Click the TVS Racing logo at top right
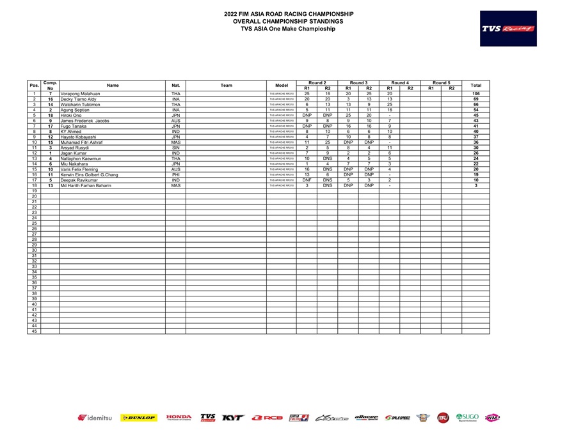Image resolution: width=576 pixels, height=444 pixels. (x=509, y=29)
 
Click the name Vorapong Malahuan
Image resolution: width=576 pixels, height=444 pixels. (x=80, y=94)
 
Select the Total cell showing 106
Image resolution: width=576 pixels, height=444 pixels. (x=476, y=94)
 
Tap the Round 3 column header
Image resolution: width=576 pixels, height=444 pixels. (x=358, y=82)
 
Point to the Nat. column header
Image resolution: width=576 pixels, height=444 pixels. (x=175, y=85)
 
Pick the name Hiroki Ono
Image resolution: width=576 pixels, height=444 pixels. (x=71, y=116)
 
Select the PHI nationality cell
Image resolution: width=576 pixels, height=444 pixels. (x=175, y=175)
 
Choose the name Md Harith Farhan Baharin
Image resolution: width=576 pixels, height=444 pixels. (x=86, y=186)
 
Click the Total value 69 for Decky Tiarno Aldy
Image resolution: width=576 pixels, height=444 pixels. (x=476, y=100)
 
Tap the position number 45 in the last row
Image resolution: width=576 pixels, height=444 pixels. (x=34, y=332)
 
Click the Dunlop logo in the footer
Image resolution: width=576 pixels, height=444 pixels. (x=138, y=418)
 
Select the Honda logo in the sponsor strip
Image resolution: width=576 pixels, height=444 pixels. (x=179, y=418)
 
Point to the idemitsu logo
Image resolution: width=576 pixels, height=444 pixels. (x=95, y=418)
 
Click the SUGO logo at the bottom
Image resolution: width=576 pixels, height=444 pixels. (x=467, y=418)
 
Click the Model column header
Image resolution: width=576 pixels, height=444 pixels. (x=282, y=85)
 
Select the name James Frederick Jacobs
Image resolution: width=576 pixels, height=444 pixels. (x=84, y=121)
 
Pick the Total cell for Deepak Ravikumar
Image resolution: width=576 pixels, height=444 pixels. (x=476, y=180)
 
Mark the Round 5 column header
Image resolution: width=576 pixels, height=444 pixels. (x=441, y=82)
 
